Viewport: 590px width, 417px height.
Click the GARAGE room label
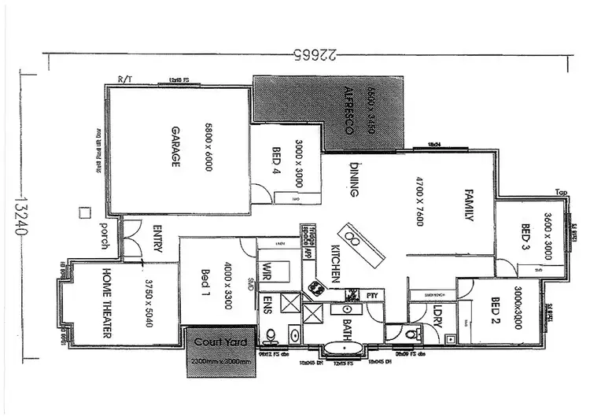(x=175, y=147)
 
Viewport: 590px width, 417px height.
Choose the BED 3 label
(x=525, y=241)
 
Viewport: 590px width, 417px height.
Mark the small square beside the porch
(x=84, y=212)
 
